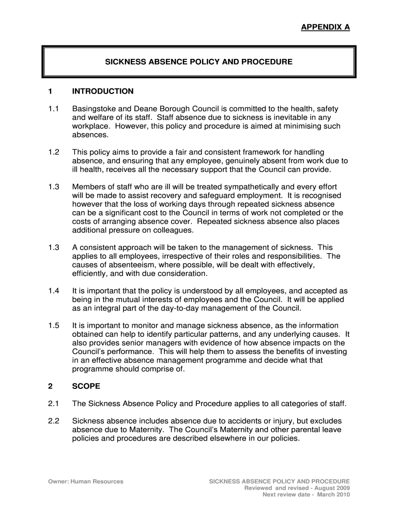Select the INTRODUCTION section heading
point(103,91)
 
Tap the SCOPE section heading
point(86,386)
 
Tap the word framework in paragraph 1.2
point(261,152)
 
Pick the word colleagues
point(173,230)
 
